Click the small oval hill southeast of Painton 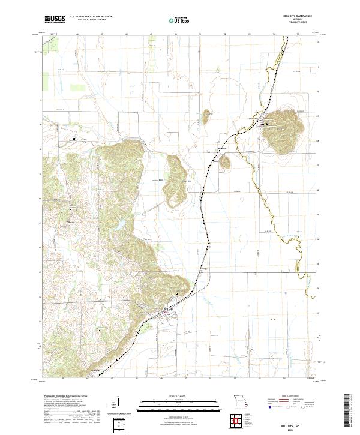pyautogui.click(x=225, y=161)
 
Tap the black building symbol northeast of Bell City pyautogui.click(x=176, y=293)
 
